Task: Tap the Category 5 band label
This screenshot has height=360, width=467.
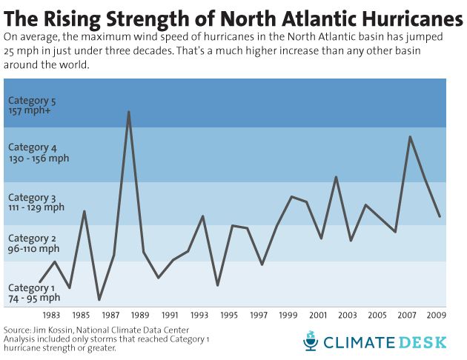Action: click(31, 105)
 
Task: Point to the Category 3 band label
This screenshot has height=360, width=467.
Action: click(36, 202)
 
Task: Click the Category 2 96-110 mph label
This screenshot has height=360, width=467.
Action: click(33, 244)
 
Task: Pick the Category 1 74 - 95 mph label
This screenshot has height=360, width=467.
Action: click(33, 293)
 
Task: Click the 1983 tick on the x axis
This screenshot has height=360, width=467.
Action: click(52, 314)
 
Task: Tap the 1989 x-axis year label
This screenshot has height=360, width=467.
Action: click(140, 314)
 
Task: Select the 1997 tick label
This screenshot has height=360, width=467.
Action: click(259, 314)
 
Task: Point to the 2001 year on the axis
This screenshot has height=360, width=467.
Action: click(318, 314)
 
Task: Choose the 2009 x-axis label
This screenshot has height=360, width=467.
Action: click(436, 314)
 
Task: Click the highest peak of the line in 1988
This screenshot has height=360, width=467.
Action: click(129, 112)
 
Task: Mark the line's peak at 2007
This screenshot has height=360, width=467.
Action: click(410, 136)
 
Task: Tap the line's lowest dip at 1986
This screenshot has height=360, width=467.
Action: click(99, 299)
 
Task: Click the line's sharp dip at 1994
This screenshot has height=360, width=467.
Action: click(217, 285)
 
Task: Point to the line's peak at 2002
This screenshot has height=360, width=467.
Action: click(336, 176)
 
